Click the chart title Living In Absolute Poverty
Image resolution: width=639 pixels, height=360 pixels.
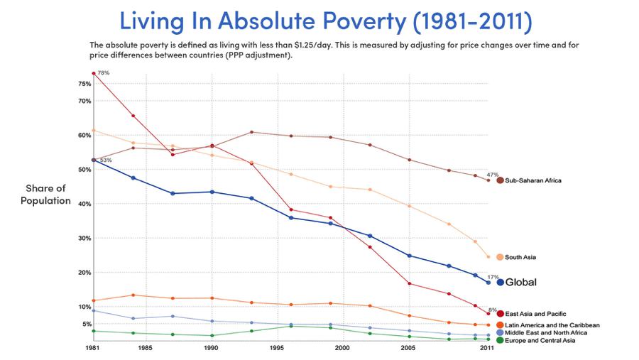tap(326, 21)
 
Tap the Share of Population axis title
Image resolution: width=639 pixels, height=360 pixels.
tap(45, 194)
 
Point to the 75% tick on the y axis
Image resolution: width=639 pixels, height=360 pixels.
tap(84, 84)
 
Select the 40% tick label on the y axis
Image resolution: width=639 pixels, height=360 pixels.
tap(84, 204)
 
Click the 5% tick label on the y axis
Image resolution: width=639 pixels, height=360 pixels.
tap(85, 324)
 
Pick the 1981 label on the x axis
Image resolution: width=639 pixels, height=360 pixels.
tap(92, 349)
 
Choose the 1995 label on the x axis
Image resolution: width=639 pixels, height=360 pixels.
tap(276, 349)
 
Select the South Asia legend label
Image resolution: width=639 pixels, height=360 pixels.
tap(525, 257)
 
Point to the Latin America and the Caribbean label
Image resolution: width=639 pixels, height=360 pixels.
tap(552, 324)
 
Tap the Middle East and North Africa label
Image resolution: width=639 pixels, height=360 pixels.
tap(546, 332)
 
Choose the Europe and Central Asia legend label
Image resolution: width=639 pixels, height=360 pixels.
tap(541, 341)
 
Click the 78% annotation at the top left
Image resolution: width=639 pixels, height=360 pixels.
tap(103, 73)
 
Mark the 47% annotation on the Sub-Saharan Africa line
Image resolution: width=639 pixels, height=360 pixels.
tap(492, 174)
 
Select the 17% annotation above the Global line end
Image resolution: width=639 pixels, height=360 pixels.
tap(493, 276)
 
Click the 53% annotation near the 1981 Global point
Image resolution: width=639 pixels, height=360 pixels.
tap(105, 160)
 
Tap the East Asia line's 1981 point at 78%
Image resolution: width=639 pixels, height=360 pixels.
tap(93, 74)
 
